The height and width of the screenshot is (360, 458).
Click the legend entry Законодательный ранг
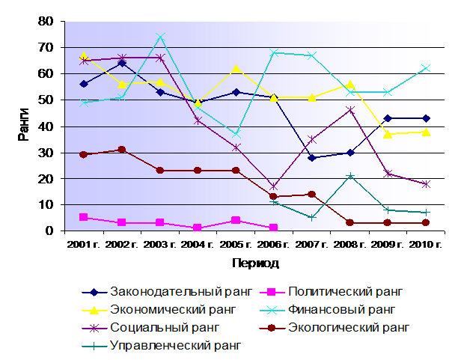(166, 292)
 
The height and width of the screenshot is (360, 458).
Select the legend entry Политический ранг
(332, 292)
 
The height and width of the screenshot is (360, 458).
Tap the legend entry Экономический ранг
(159, 310)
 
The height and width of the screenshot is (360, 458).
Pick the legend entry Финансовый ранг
(328, 310)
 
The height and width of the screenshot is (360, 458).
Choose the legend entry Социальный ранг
(150, 328)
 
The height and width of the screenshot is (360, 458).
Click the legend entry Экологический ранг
(335, 328)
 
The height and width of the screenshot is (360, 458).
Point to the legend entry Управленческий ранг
(162, 347)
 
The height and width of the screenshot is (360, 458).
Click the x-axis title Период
(256, 263)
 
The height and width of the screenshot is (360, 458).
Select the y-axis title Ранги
(23, 124)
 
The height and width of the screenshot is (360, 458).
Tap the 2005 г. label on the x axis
(236, 245)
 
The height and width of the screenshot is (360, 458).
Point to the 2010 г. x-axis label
(426, 245)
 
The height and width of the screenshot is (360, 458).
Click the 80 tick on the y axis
(46, 22)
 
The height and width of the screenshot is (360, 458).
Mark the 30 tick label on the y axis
(46, 153)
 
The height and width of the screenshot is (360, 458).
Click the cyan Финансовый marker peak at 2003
(160, 37)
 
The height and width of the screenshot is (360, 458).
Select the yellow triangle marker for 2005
(236, 69)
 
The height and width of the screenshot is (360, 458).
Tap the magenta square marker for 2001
(84, 217)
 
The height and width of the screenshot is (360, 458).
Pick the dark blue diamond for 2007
(312, 158)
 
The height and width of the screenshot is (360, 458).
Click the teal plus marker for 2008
(350, 176)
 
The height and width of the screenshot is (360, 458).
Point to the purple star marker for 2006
(274, 186)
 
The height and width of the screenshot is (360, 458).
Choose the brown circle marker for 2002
(122, 150)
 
